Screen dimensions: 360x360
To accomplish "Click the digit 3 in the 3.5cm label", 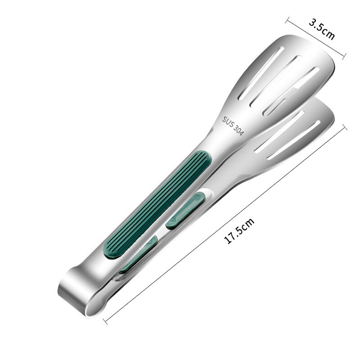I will [311, 22].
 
